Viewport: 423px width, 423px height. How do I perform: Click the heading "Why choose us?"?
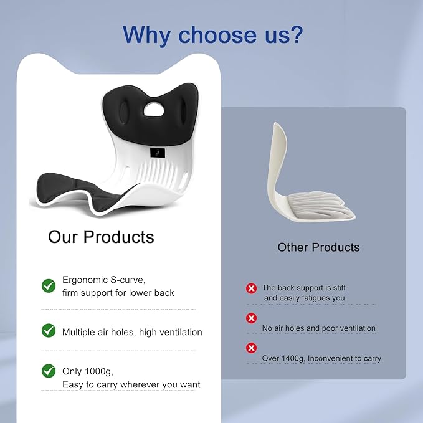point(212,34)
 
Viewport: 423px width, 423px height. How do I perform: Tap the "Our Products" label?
point(101,237)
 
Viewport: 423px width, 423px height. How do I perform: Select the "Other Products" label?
point(318,247)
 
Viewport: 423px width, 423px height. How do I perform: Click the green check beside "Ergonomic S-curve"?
point(49,286)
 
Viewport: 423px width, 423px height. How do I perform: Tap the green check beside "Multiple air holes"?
point(49,331)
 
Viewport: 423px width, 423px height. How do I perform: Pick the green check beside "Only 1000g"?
point(49,371)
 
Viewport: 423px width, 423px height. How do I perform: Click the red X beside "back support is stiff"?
point(251,288)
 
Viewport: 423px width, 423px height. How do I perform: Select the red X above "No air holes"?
point(251,318)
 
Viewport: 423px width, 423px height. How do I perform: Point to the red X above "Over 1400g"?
point(251,348)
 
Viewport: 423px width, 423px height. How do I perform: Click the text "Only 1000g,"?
point(88,371)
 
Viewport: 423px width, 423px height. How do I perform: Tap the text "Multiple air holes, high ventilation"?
point(132,332)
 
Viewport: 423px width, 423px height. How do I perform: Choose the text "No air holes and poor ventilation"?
point(318,328)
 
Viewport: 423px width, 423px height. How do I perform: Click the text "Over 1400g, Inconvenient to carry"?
point(321,358)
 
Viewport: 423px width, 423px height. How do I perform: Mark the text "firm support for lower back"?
point(118,293)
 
